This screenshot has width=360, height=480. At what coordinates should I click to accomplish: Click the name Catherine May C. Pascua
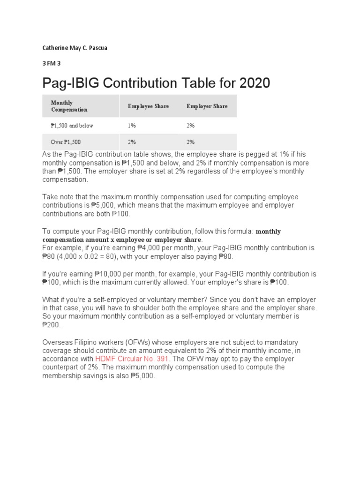click(x=75, y=48)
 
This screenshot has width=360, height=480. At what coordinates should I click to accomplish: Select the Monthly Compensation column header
click(x=69, y=106)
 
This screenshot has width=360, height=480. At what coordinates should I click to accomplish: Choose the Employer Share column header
click(x=207, y=106)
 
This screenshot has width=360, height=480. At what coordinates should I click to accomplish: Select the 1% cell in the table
click(x=131, y=126)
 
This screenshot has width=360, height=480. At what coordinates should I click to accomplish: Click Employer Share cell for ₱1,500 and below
click(x=190, y=126)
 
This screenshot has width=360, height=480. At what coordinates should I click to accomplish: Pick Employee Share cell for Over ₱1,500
click(x=131, y=142)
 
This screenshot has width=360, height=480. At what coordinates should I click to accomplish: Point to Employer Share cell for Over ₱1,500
click(x=190, y=142)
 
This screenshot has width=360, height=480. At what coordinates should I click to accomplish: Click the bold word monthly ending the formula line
click(x=268, y=232)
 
